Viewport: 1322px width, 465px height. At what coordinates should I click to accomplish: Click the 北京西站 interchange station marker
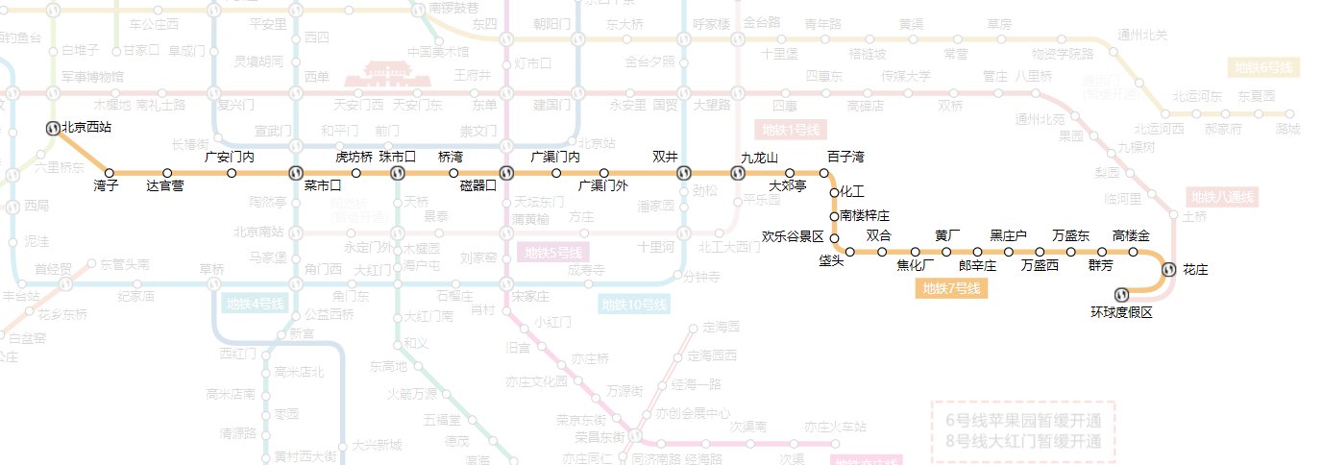54,127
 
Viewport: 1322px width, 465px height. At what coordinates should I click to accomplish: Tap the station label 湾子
106,186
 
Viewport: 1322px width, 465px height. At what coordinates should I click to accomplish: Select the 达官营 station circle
167,173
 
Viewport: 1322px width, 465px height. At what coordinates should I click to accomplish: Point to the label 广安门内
230,158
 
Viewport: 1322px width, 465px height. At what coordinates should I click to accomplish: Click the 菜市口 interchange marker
296,173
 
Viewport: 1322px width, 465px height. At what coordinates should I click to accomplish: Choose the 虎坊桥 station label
354,158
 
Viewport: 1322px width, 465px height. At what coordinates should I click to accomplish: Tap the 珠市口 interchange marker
396,173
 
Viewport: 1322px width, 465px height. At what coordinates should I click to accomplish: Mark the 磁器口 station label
478,186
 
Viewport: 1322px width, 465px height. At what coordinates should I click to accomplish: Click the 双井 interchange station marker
683,173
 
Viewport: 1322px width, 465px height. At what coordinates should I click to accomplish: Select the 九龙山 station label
759,158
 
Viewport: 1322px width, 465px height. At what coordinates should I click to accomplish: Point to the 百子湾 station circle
823,173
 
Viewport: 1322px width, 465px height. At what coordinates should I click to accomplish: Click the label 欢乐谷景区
793,236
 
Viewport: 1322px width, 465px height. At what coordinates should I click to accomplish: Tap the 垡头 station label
831,261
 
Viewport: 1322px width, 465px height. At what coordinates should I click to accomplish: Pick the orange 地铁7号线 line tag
950,288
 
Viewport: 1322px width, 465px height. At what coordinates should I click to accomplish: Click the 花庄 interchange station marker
1168,270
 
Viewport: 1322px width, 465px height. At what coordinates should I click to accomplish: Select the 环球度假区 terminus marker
1120,294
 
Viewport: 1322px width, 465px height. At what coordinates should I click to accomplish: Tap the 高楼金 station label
1131,236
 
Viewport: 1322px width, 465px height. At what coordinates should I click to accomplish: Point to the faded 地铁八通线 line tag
1222,197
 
